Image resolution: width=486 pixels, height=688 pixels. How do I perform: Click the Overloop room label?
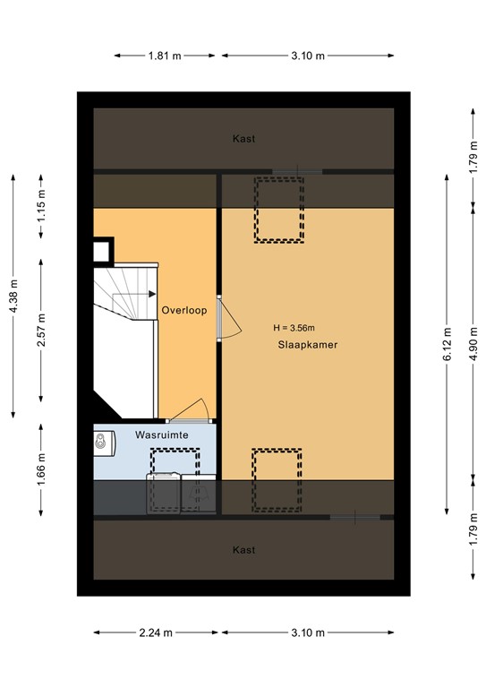(184, 311)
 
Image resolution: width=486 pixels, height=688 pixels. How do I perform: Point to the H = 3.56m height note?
(300, 327)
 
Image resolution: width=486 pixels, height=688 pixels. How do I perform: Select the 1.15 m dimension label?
(41, 207)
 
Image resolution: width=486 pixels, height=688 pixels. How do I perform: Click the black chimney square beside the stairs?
(102, 249)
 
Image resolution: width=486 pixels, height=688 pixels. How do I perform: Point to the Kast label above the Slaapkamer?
(243, 139)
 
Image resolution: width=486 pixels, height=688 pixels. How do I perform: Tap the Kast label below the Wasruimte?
(243, 549)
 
